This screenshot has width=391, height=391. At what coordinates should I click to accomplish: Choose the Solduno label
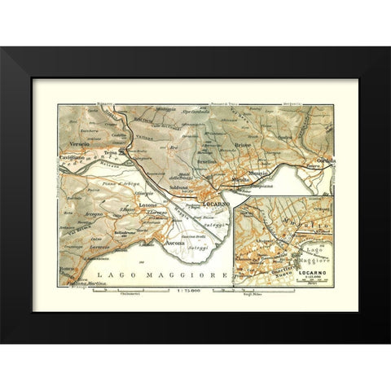coord(179,189)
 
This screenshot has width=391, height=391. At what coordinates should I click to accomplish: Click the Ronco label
coord(69,269)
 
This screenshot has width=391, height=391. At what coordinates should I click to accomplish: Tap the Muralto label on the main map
coord(240,178)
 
